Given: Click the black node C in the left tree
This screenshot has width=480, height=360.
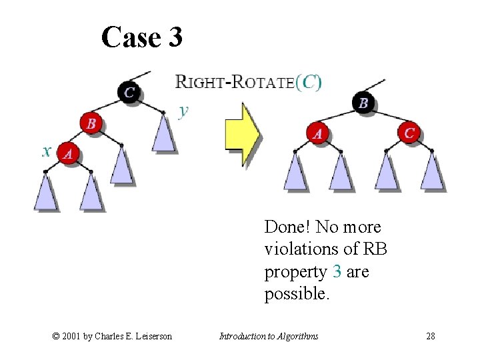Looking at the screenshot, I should coord(129,92).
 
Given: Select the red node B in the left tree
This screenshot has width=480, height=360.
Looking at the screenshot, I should coord(91,123).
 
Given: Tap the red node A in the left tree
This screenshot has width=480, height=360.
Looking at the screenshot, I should coord(68,153).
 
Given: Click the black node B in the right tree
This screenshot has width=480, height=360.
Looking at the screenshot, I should coord(363,103).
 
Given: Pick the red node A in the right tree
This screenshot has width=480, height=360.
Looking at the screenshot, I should coord(318,133).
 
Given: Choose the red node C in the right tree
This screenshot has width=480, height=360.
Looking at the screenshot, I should coord(409,133).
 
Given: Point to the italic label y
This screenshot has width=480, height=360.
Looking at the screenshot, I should coord(183,111).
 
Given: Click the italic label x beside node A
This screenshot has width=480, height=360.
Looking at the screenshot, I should coord(47,151).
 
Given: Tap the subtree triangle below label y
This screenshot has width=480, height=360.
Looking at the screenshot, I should coord(164,133).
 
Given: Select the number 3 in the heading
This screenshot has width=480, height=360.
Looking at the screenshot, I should coord(175,37).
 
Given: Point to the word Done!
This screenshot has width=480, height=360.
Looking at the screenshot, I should coord(288,227).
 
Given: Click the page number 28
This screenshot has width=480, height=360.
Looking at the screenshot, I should coord(431,336).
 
